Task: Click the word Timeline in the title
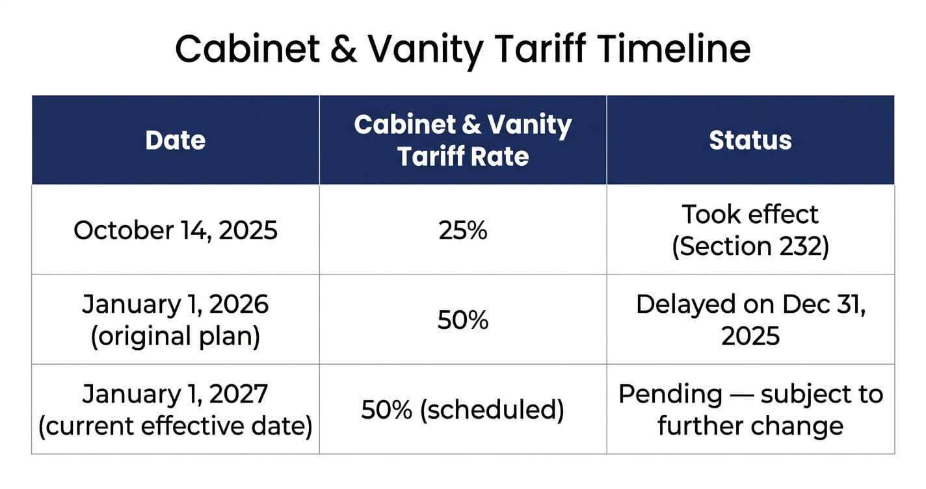pos(674,49)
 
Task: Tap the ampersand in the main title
pos(343,49)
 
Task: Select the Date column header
pos(176,140)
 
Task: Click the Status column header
pos(750,140)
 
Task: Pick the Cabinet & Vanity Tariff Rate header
pos(463,140)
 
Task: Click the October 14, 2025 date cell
pos(176,230)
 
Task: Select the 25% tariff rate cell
pos(463,230)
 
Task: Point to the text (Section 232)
pos(750,246)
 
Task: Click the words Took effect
pos(750,214)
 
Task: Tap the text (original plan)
pos(176,336)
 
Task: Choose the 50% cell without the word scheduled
pos(463,319)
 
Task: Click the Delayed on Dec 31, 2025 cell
pos(750,319)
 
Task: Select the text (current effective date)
pos(176,426)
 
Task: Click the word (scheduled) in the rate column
pos(492,410)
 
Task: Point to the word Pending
pos(670,395)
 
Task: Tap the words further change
pos(750,426)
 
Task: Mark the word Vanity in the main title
pos(425,51)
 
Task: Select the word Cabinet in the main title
pos(248,49)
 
